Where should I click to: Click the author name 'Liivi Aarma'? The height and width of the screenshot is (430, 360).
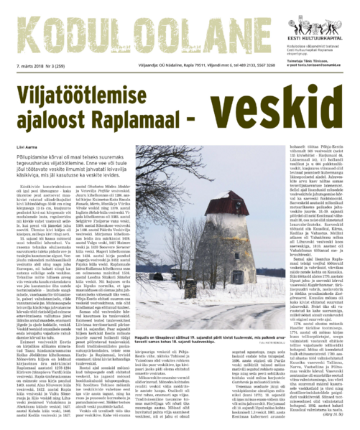pos(25,148)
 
